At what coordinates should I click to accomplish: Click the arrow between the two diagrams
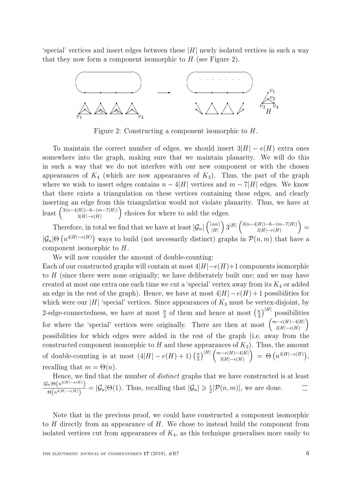164,93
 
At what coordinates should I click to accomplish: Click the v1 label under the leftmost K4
79,117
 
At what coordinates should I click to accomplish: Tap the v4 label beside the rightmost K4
140,117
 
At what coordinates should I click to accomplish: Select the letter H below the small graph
268,112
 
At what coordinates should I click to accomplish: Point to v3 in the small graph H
262,106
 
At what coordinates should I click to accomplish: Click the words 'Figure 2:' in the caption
106,131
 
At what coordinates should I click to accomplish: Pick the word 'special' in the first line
54,50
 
